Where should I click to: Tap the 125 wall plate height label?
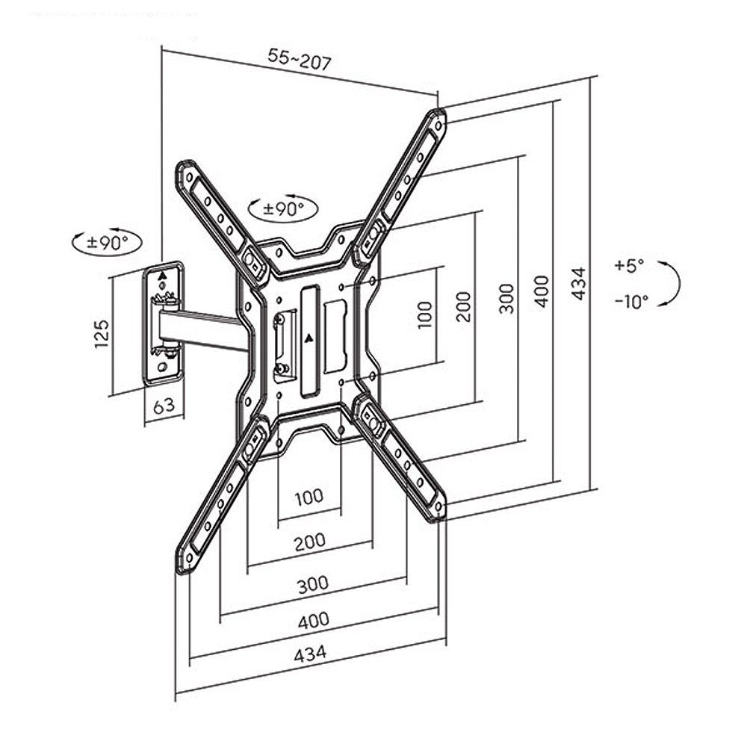click(x=102, y=333)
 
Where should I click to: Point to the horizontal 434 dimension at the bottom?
click(x=310, y=654)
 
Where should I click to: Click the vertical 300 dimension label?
click(x=507, y=298)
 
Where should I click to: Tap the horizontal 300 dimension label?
click(x=312, y=584)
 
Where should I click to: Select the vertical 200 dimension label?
click(x=465, y=306)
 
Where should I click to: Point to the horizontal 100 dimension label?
click(x=309, y=496)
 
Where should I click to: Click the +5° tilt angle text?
click(x=629, y=265)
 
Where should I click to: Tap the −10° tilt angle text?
click(x=631, y=301)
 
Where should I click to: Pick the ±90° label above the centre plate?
click(x=283, y=208)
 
